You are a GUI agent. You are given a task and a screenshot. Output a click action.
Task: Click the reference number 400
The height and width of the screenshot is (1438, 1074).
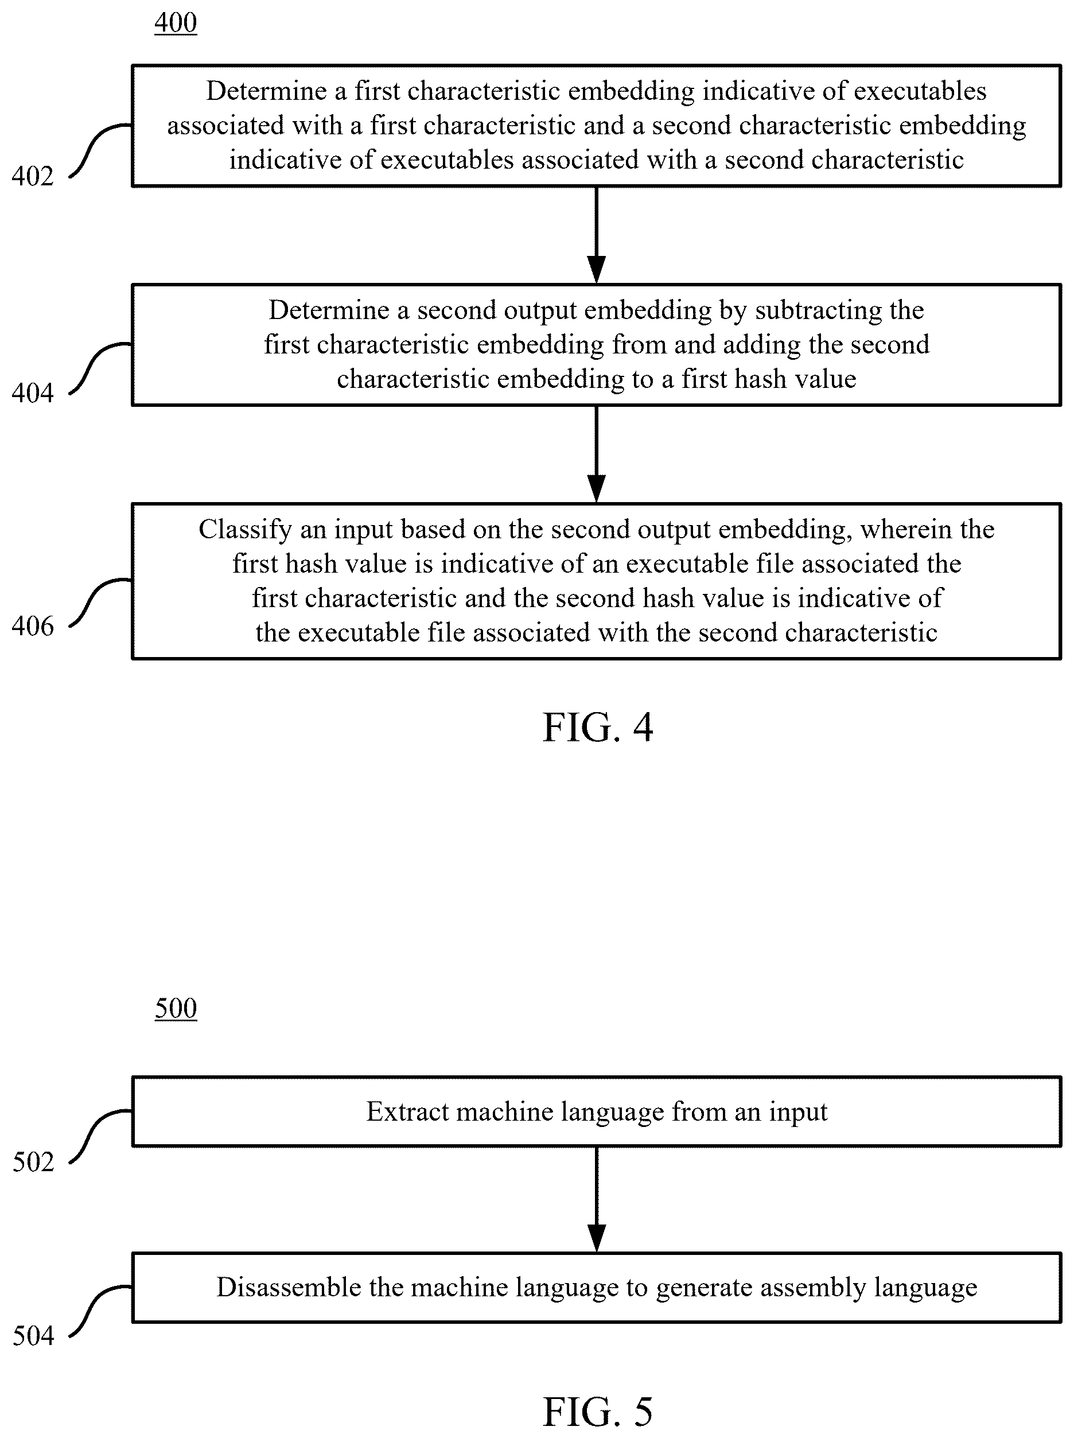click(176, 23)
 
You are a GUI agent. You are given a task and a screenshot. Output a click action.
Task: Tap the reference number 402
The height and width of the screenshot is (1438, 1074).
click(33, 176)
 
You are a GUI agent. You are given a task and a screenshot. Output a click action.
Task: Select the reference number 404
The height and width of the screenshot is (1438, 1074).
click(33, 393)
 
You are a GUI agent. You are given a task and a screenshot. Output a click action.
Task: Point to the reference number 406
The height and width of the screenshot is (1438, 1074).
click(33, 626)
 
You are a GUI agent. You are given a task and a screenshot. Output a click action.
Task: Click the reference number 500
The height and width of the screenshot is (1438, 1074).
click(176, 1008)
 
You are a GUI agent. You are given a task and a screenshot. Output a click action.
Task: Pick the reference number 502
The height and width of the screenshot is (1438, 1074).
click(33, 1162)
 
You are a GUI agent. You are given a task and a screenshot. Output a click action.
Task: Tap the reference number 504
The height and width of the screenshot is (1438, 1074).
click(33, 1336)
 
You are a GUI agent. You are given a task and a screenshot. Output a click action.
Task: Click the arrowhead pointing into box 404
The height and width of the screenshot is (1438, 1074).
click(596, 270)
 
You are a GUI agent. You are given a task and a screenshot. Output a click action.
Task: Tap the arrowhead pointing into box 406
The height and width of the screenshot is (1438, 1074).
click(596, 489)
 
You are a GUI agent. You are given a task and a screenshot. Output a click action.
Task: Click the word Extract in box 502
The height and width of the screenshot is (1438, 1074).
click(407, 1111)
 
